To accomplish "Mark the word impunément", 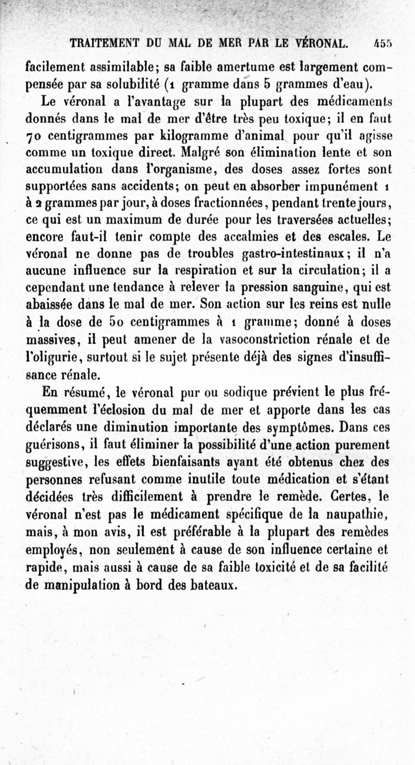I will tap(342, 187).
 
